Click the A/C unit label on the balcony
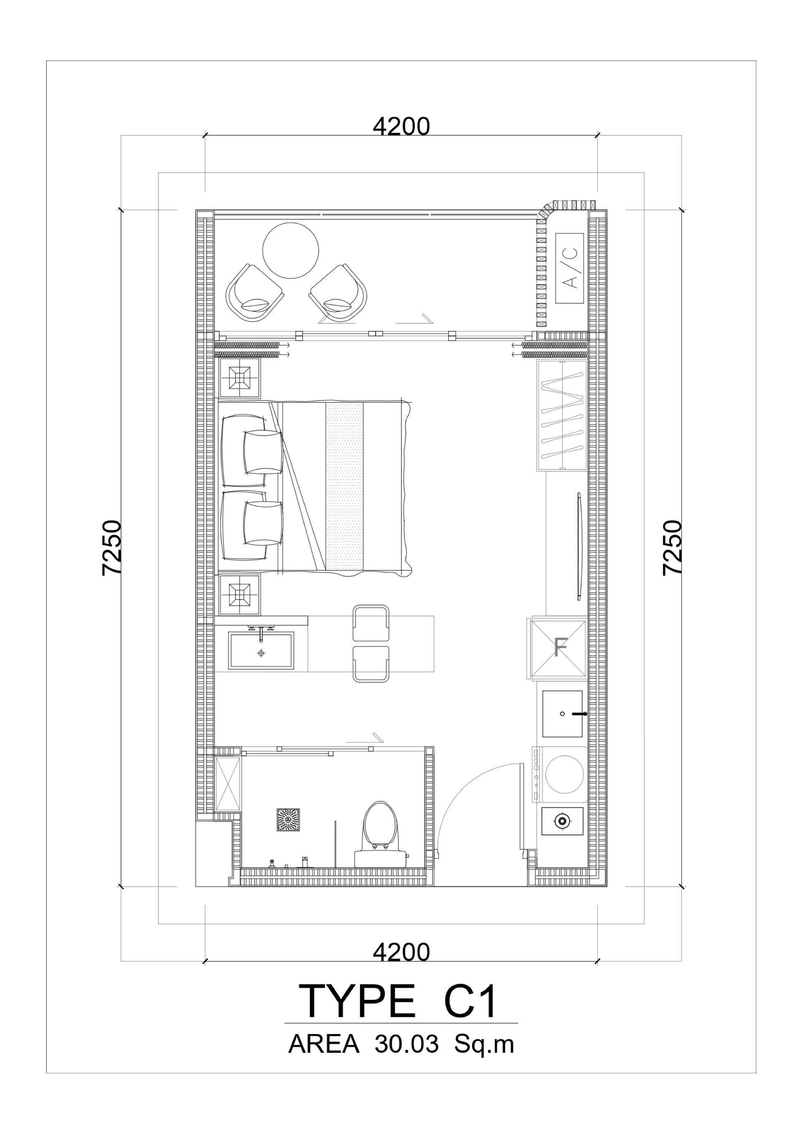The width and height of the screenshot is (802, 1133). (570, 268)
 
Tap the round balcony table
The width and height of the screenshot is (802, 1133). (290, 250)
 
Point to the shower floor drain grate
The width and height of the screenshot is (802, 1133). (288, 820)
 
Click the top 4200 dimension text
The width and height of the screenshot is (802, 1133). (401, 127)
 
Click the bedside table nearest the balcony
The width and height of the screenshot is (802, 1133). (239, 378)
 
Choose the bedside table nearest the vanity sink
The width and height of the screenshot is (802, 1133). (239, 595)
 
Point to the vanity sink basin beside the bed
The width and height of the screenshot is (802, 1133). (261, 651)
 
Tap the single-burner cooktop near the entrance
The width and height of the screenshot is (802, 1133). (562, 821)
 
